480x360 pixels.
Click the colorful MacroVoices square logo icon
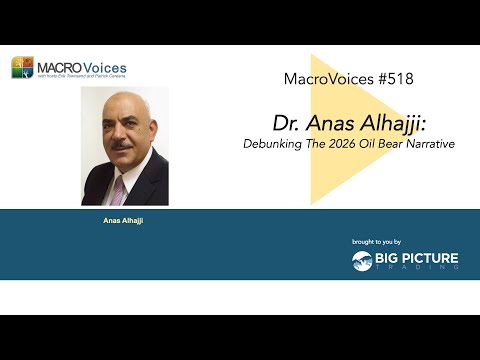pos(22,68)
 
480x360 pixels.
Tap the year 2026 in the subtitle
pos(342,144)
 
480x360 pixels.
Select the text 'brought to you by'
pos(376,242)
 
